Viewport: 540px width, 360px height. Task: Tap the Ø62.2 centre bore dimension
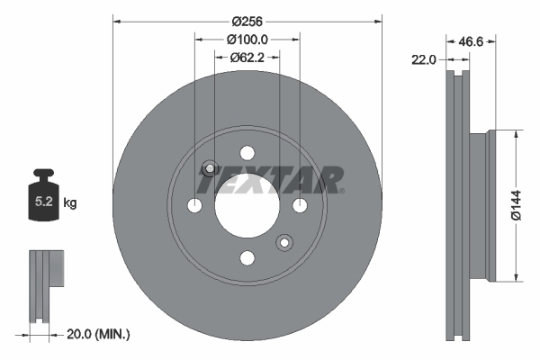tap(247, 58)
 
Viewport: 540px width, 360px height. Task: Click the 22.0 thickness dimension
tap(424, 59)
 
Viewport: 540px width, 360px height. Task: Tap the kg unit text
tap(70, 203)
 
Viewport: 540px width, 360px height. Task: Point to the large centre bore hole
tap(247, 206)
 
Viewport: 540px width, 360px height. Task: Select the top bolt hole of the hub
tap(247, 155)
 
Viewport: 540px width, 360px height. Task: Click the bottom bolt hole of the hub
tap(247, 258)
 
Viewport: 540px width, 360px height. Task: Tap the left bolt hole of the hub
tap(195, 206)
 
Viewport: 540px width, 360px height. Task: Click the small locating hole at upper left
tap(210, 168)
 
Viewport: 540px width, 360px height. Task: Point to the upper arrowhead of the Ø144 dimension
tap(516, 135)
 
